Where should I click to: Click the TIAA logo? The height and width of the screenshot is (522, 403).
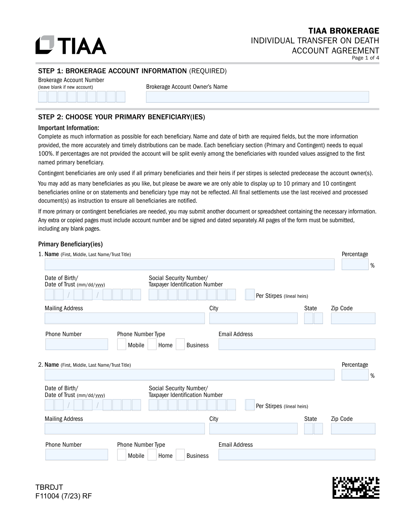(x=71, y=45)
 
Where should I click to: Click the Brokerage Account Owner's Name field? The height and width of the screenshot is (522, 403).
(x=257, y=97)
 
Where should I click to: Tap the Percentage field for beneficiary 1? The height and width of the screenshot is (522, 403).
(x=355, y=265)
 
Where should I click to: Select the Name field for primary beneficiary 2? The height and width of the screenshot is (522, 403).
(x=189, y=375)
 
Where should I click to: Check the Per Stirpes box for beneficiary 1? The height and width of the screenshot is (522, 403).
(x=250, y=295)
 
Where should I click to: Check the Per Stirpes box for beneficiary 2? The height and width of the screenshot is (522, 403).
(x=250, y=405)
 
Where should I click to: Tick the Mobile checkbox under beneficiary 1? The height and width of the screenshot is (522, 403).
(x=122, y=345)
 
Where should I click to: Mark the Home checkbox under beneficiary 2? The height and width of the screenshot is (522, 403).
(x=152, y=455)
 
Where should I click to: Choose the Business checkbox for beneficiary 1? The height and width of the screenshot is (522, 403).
(x=180, y=345)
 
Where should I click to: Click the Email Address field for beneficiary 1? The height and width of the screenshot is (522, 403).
(x=297, y=345)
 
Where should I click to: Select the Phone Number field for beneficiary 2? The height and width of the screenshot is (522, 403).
(x=77, y=455)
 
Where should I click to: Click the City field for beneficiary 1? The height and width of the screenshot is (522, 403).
(x=253, y=318)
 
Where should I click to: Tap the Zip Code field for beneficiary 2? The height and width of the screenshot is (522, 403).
(x=353, y=429)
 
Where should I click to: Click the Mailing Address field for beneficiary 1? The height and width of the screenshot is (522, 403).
(x=125, y=318)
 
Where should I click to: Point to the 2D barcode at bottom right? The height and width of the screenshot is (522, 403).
(x=356, y=488)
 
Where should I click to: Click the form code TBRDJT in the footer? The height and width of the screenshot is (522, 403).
(x=49, y=487)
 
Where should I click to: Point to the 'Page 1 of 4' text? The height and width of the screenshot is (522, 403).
(x=365, y=58)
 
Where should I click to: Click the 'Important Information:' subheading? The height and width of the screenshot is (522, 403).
(x=69, y=128)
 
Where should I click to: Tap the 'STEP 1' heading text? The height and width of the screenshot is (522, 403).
(x=50, y=71)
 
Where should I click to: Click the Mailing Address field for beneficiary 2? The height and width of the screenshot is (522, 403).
(x=125, y=429)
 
